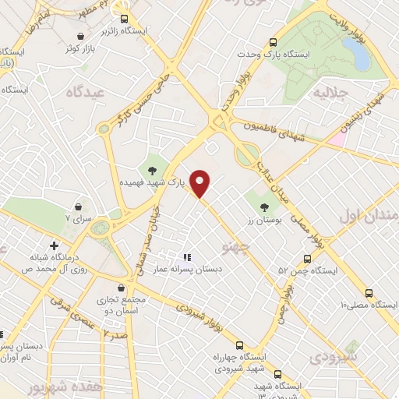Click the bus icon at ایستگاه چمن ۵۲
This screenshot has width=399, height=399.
(x=307, y=259)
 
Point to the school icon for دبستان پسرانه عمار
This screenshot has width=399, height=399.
(x=186, y=256)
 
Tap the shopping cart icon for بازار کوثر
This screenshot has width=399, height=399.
(x=81, y=36)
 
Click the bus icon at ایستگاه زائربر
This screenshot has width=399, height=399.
(x=122, y=19)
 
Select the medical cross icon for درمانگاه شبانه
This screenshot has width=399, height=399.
(x=54, y=245)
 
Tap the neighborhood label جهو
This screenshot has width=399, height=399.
(x=232, y=247)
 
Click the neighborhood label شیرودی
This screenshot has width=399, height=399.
(x=334, y=357)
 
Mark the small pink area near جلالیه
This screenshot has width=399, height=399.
(x=337, y=139)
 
